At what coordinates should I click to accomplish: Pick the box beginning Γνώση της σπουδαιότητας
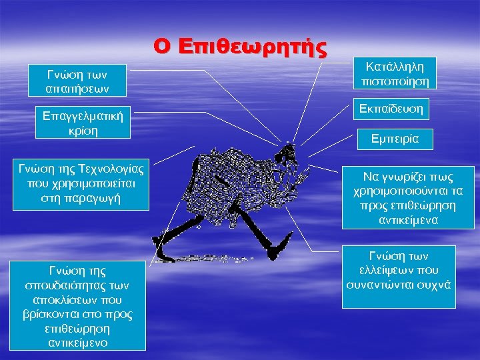tap(79, 305)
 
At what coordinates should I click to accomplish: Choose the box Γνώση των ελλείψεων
tap(399, 277)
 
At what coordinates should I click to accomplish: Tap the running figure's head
tap(288, 153)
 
